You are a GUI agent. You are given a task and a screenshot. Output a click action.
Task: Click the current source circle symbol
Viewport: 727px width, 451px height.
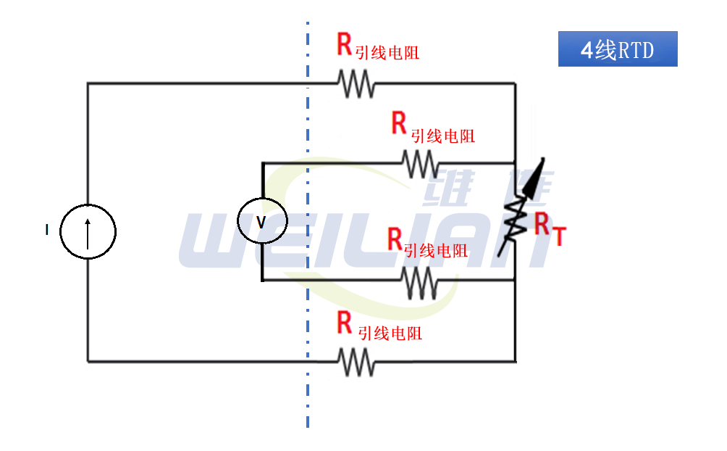(88, 231)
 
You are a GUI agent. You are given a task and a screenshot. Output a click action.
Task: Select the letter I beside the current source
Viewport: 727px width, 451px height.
(47, 231)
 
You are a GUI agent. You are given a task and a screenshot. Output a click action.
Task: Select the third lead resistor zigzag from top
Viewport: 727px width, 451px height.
(420, 281)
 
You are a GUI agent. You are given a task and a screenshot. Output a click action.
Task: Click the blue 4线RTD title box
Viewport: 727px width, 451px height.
(618, 49)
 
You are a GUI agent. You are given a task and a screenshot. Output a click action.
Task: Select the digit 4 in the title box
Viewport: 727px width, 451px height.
(588, 50)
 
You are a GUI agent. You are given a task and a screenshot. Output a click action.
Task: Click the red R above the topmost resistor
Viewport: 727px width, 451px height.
(345, 45)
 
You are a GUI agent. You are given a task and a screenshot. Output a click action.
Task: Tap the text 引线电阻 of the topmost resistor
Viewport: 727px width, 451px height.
(388, 53)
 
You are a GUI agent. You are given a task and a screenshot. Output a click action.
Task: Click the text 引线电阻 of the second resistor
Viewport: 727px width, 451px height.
(443, 136)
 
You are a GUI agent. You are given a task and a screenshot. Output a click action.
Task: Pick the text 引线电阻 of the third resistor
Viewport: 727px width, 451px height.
(436, 251)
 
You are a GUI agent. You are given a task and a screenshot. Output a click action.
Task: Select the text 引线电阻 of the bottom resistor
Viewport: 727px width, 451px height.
(390, 334)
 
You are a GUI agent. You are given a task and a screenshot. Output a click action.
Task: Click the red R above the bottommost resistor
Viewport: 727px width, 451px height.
(345, 323)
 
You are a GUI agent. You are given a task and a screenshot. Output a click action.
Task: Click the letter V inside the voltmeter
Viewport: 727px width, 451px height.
(261, 221)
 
